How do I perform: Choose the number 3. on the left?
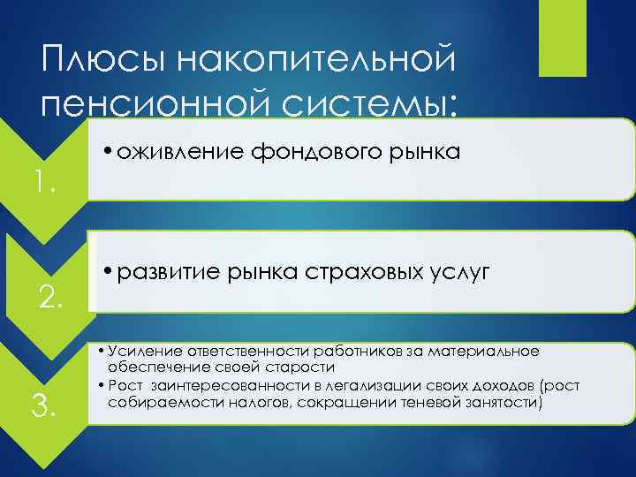(44, 407)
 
